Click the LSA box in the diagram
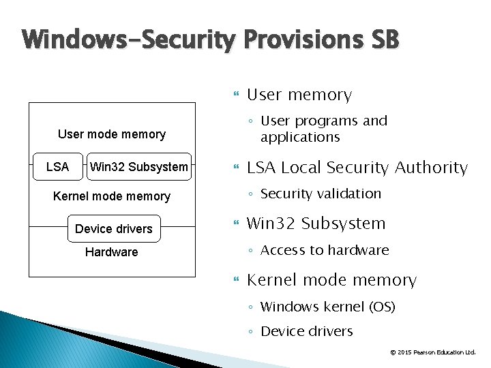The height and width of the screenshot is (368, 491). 57,167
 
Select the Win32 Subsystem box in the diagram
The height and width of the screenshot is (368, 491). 139,167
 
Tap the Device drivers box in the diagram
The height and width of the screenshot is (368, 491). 114,229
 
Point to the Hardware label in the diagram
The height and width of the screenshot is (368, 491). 111,252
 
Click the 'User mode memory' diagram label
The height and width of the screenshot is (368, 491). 112,134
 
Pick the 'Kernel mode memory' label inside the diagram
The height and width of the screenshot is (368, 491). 112,196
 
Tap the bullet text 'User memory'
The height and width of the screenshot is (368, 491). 299,95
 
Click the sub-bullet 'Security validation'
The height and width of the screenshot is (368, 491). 321,194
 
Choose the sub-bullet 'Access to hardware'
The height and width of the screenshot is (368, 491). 325,250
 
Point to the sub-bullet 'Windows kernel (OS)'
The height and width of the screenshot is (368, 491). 328,307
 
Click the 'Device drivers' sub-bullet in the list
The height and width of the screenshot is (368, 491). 307,332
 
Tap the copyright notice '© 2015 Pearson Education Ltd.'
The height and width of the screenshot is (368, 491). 432,352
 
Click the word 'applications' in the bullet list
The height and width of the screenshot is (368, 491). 300,137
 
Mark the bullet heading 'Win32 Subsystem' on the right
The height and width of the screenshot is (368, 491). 316,224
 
